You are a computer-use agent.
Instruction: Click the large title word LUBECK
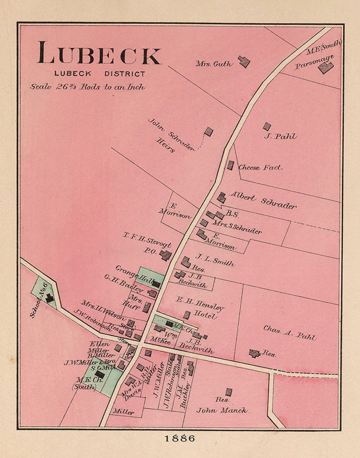coord(99,53)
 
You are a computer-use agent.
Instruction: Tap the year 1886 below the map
coord(180,438)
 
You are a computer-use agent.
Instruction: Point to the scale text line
coord(88,87)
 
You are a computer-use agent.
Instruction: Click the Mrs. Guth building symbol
coord(244,62)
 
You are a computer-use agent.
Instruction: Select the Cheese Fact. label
coord(260,167)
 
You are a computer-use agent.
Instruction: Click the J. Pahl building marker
coord(267,127)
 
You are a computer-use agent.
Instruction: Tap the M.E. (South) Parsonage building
coord(325,68)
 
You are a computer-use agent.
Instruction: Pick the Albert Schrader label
coord(263,200)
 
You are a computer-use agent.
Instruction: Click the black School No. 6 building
coord(49,298)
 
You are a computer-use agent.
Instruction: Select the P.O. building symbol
coord(165,255)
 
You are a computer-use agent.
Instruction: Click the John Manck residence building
coord(229,392)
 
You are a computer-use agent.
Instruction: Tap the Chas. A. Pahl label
coord(289,333)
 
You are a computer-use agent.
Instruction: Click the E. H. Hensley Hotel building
coord(187,315)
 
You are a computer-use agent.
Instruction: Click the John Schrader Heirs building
coord(208,132)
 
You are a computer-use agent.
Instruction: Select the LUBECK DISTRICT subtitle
coord(100,74)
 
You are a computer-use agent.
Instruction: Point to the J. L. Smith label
coord(215,260)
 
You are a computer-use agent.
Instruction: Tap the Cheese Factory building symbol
coord(230,165)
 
